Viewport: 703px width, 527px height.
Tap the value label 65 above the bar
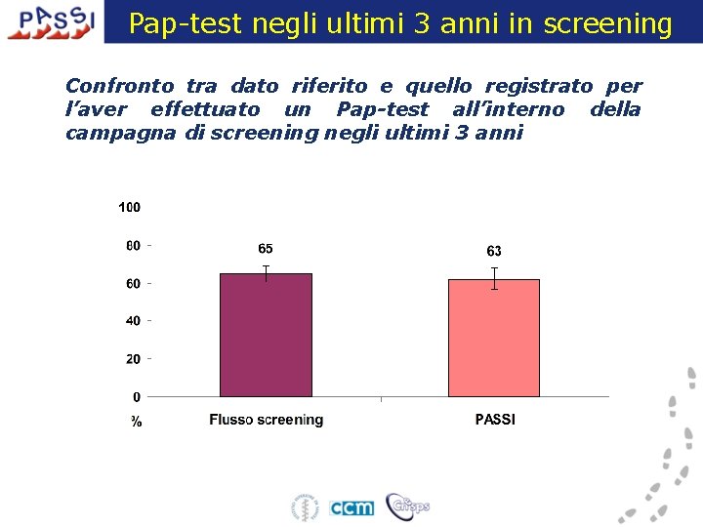click(266, 249)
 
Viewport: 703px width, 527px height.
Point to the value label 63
click(494, 252)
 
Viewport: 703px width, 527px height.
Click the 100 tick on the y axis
click(129, 207)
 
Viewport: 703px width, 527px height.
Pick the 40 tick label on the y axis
click(132, 320)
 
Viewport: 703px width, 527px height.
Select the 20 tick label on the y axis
click(132, 358)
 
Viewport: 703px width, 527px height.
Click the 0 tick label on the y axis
click(136, 396)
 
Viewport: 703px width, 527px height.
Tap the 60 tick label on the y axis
click(132, 283)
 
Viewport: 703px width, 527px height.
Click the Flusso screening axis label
click(266, 420)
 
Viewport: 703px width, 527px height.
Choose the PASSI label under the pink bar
click(495, 420)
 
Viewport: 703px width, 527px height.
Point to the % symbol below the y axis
click(136, 422)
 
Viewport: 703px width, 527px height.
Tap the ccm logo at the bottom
click(351, 507)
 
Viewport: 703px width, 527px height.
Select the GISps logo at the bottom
click(407, 506)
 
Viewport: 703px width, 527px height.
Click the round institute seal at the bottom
click(306, 507)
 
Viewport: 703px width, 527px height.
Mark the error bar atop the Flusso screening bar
click(266, 272)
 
